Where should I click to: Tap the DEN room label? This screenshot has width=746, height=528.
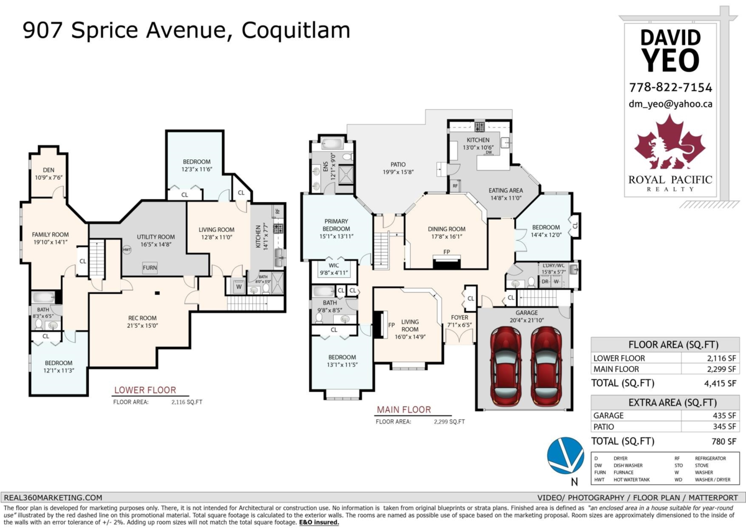[x=48, y=169]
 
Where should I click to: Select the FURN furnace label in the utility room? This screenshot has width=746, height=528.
[x=150, y=268]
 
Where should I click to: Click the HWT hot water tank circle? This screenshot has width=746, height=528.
[x=127, y=249]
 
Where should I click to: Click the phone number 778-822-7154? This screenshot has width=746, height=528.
[x=671, y=88]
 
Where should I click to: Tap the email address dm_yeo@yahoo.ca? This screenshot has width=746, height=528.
[x=671, y=104]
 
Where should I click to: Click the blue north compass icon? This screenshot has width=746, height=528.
[x=565, y=455]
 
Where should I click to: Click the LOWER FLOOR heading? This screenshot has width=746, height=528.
[x=144, y=391]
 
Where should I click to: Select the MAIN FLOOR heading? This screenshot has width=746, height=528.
[x=403, y=410]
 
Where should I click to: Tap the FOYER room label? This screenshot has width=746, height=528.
[x=459, y=317]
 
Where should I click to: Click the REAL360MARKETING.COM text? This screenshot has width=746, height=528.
[x=53, y=498]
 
